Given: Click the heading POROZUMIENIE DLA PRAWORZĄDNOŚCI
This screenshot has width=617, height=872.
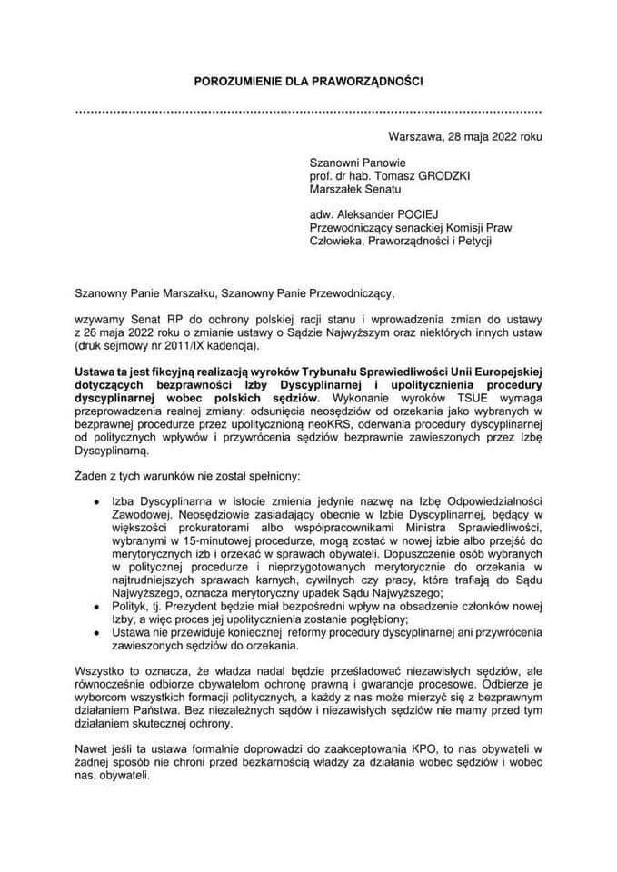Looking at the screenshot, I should (309, 82).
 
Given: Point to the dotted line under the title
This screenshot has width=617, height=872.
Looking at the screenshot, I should (309, 111).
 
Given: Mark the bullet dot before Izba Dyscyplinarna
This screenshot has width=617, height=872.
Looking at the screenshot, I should (96, 501).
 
